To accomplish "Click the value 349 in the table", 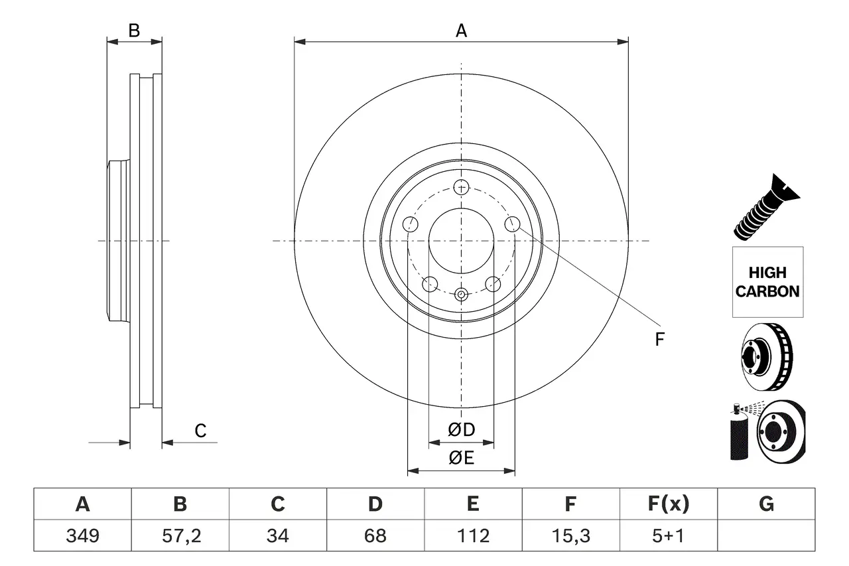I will pos(82,535).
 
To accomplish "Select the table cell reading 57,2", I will pos(180,535).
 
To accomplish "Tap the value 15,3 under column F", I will pos(570,535).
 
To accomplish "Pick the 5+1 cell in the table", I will pos(668,535).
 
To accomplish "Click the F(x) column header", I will pos(668,504).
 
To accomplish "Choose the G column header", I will pos(766,504).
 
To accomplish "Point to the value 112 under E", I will pos(472,535).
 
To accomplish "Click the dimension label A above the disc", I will pos(461,31).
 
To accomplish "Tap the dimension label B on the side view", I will pos(134,31).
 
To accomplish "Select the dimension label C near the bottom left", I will pos(200,431).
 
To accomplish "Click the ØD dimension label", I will pos(462,430).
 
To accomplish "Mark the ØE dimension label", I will pos(462,459).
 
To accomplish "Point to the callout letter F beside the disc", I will pos(659,340).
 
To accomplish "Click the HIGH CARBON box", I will pos(767,282).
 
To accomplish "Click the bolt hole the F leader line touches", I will pos(511,224).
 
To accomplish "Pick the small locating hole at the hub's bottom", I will pos(462,294).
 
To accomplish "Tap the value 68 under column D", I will pos(375,535).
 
